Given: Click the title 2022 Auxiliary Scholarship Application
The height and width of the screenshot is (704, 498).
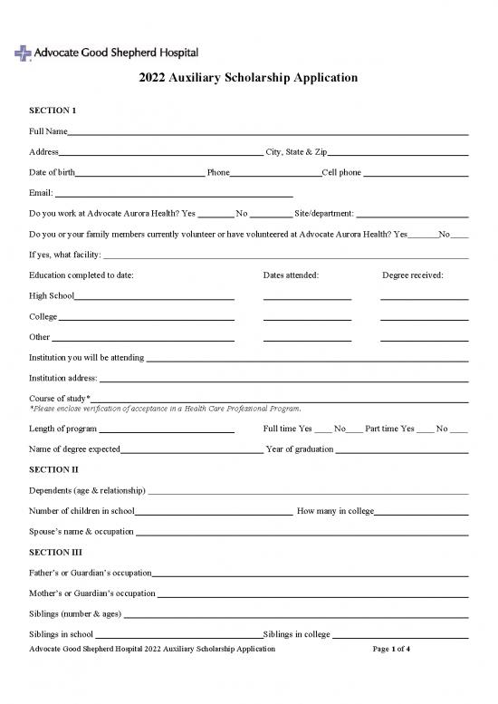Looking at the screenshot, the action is pyautogui.click(x=248, y=79).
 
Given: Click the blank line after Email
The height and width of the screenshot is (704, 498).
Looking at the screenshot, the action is pyautogui.click(x=174, y=193).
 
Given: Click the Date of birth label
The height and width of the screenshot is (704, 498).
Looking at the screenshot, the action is pyautogui.click(x=52, y=172).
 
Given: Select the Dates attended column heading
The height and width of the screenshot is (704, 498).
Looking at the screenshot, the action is pyautogui.click(x=290, y=275).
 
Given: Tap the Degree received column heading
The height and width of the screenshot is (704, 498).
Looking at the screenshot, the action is pyautogui.click(x=412, y=275).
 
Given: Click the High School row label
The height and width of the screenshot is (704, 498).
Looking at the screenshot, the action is pyautogui.click(x=51, y=295).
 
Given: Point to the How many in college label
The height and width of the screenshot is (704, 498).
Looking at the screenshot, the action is pyautogui.click(x=333, y=512).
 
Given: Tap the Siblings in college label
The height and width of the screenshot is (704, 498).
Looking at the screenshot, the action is pyautogui.click(x=296, y=634).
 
